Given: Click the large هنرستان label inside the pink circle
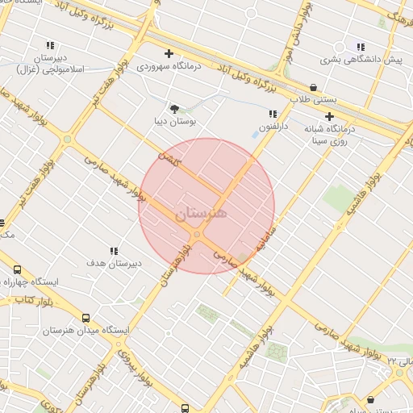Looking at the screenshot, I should click(202, 214).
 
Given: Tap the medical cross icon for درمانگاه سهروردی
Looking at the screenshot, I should click(169, 53).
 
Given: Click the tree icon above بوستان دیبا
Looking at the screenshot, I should click(173, 107).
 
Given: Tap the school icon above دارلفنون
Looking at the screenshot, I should click(273, 114).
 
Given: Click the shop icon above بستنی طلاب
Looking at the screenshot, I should click(312, 87).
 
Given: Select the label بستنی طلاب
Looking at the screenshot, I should click(311, 100).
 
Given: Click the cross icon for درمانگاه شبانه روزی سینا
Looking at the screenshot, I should click(329, 116).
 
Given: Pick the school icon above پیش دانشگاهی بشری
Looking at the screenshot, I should click(360, 47).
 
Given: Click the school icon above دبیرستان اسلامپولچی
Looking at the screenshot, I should click(50, 46).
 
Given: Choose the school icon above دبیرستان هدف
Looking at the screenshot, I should click(114, 251).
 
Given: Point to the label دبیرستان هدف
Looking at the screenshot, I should click(114, 264).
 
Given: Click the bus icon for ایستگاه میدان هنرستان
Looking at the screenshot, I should click(86, 318).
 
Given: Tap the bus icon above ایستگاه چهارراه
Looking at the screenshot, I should click(17, 270).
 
